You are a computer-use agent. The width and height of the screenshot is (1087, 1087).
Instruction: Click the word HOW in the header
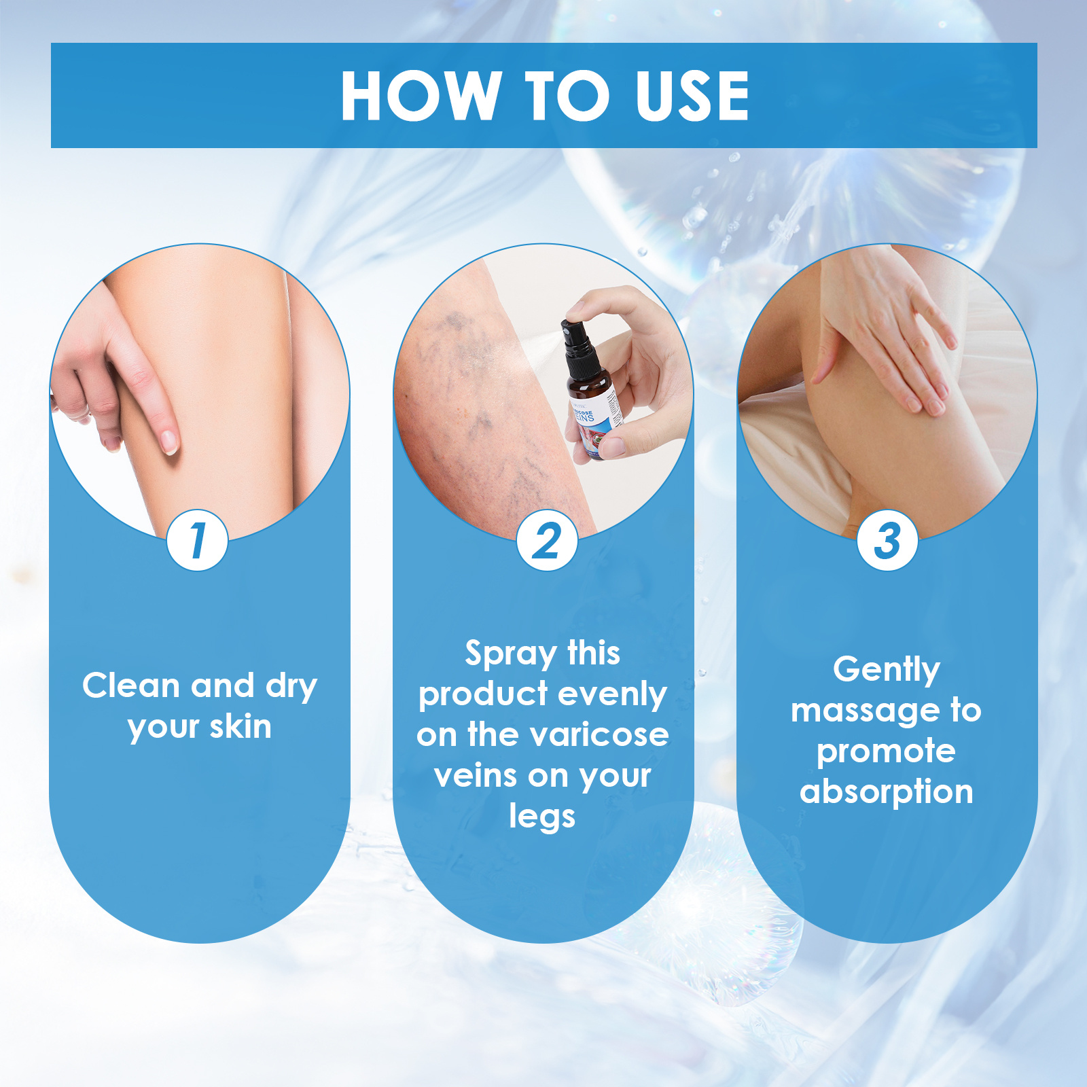419,96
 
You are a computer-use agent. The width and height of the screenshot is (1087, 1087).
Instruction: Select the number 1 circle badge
197,541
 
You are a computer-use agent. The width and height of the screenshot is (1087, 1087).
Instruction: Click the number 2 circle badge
547,541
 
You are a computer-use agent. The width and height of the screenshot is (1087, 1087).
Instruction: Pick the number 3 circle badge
887,541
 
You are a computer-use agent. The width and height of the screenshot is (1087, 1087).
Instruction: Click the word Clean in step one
130,685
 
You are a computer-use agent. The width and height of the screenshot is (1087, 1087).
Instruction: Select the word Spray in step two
510,654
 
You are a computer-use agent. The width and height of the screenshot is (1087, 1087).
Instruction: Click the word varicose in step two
599,734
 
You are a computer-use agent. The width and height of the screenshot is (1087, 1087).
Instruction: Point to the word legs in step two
542,817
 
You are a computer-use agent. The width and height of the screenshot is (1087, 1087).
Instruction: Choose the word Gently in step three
887,670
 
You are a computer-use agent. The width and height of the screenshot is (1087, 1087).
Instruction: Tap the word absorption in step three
886,792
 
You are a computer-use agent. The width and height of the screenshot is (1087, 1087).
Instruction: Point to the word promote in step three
886,751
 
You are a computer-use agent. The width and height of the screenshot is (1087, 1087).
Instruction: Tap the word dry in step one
291,685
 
